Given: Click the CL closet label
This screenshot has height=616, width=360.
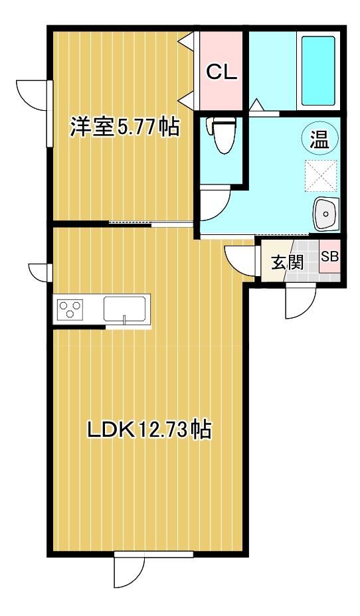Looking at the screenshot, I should coord(221,72).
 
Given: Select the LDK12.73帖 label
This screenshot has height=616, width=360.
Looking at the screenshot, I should coord(149,430).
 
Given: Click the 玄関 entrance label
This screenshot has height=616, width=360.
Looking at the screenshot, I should coord(287,262).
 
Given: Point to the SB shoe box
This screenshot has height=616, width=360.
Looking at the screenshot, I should coord(329,257).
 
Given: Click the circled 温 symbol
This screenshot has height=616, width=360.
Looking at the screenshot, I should coord(319,139).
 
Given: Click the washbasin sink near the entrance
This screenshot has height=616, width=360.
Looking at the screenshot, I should coord(325,212).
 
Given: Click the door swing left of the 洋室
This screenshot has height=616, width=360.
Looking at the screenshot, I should coord(33,96).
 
